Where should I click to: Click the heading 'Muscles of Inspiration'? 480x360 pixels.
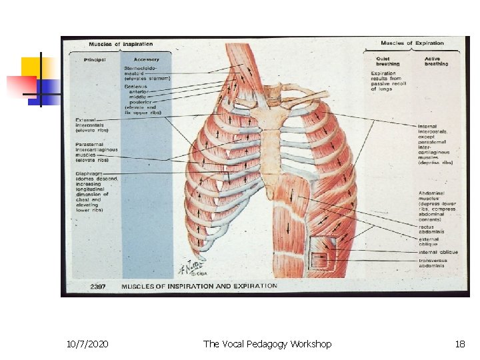click(x=120, y=45)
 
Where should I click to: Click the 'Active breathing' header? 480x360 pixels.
click(x=437, y=61)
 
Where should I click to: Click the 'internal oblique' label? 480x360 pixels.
click(x=437, y=252)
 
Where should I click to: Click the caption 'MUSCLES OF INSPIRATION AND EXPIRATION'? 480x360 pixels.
click(x=199, y=286)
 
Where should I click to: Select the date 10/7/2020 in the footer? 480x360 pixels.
click(x=88, y=344)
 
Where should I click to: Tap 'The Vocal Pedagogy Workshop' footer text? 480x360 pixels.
click(x=267, y=344)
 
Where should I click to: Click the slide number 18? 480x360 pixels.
click(x=459, y=344)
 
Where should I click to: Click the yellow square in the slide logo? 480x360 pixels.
click(x=33, y=67)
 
